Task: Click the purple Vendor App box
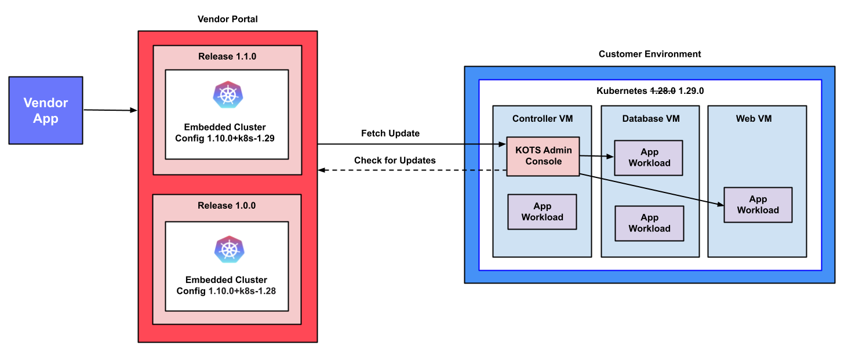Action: coord(46,110)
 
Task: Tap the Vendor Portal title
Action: coord(227,19)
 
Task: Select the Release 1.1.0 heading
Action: coord(227,57)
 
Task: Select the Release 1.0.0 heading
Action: coord(227,205)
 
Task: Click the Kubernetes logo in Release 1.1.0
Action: coord(227,95)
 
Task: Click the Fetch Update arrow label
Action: coord(390,133)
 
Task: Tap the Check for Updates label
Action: coord(395,160)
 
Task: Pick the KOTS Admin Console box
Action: coord(543,156)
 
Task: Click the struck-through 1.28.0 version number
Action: coord(663,91)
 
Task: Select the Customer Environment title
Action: coord(649,54)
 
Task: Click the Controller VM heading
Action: coord(543,119)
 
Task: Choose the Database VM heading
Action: coord(650,119)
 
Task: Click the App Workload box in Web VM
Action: coord(758,205)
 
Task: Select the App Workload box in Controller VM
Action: coord(542,212)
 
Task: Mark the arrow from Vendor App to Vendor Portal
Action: coord(110,110)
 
